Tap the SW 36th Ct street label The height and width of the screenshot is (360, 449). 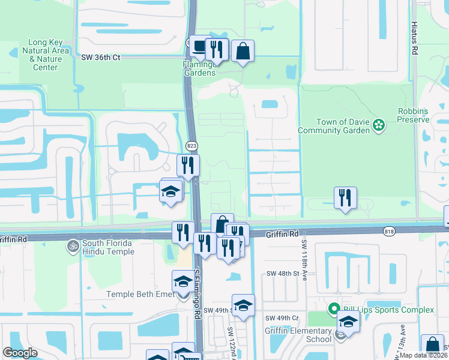[101, 57]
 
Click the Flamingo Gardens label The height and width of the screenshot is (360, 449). [199, 68]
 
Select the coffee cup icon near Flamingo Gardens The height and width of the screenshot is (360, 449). [198, 46]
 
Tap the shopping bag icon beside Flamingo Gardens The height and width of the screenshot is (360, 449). [243, 51]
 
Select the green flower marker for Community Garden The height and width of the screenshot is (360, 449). [379, 125]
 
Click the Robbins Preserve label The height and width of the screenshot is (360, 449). [414, 115]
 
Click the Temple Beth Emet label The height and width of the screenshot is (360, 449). [140, 294]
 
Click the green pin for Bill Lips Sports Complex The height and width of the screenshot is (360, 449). [334, 309]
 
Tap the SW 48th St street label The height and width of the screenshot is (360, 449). [283, 274]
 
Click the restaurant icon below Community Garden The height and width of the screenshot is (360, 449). [345, 197]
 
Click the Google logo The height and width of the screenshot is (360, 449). [20, 352]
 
